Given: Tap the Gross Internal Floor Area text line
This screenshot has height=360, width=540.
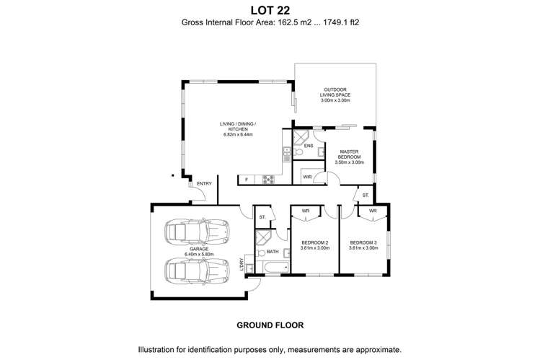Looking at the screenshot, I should [x=270, y=22].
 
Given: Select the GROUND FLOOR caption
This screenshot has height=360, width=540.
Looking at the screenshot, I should [x=270, y=325].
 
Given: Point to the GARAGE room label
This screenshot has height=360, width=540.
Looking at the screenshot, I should [x=194, y=250].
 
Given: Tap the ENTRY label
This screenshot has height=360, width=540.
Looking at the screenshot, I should [x=204, y=183].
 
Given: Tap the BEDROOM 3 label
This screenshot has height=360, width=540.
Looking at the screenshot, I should [x=363, y=244].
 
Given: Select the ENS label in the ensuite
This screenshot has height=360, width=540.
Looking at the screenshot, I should [x=308, y=146].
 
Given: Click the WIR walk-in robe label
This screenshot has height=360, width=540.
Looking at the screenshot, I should [x=307, y=176].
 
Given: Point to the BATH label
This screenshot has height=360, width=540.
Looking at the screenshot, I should [x=272, y=252].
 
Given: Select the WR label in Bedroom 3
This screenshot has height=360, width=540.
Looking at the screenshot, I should [x=372, y=211].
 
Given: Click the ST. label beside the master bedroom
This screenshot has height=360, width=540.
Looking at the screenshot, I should [x=366, y=195].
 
